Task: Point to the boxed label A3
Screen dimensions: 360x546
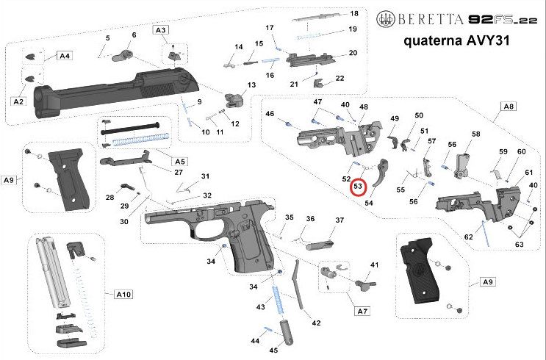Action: tap(161, 29)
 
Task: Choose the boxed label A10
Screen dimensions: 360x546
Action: tap(123, 294)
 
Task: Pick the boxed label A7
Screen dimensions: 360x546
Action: tap(362, 312)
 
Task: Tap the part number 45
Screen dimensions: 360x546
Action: tap(273, 350)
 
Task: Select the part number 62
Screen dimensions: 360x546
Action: tap(468, 236)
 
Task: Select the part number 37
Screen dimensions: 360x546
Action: tap(340, 220)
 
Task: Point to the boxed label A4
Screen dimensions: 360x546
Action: tap(65, 56)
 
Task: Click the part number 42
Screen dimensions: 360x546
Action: tap(317, 322)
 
